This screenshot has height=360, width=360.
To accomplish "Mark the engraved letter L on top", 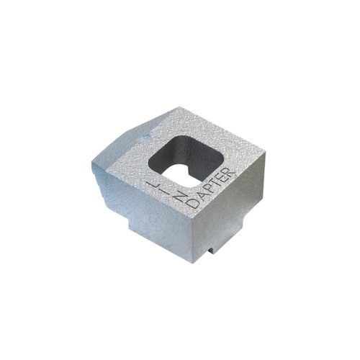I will point(153,183).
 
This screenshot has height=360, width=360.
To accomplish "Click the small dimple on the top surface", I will point(148,134).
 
